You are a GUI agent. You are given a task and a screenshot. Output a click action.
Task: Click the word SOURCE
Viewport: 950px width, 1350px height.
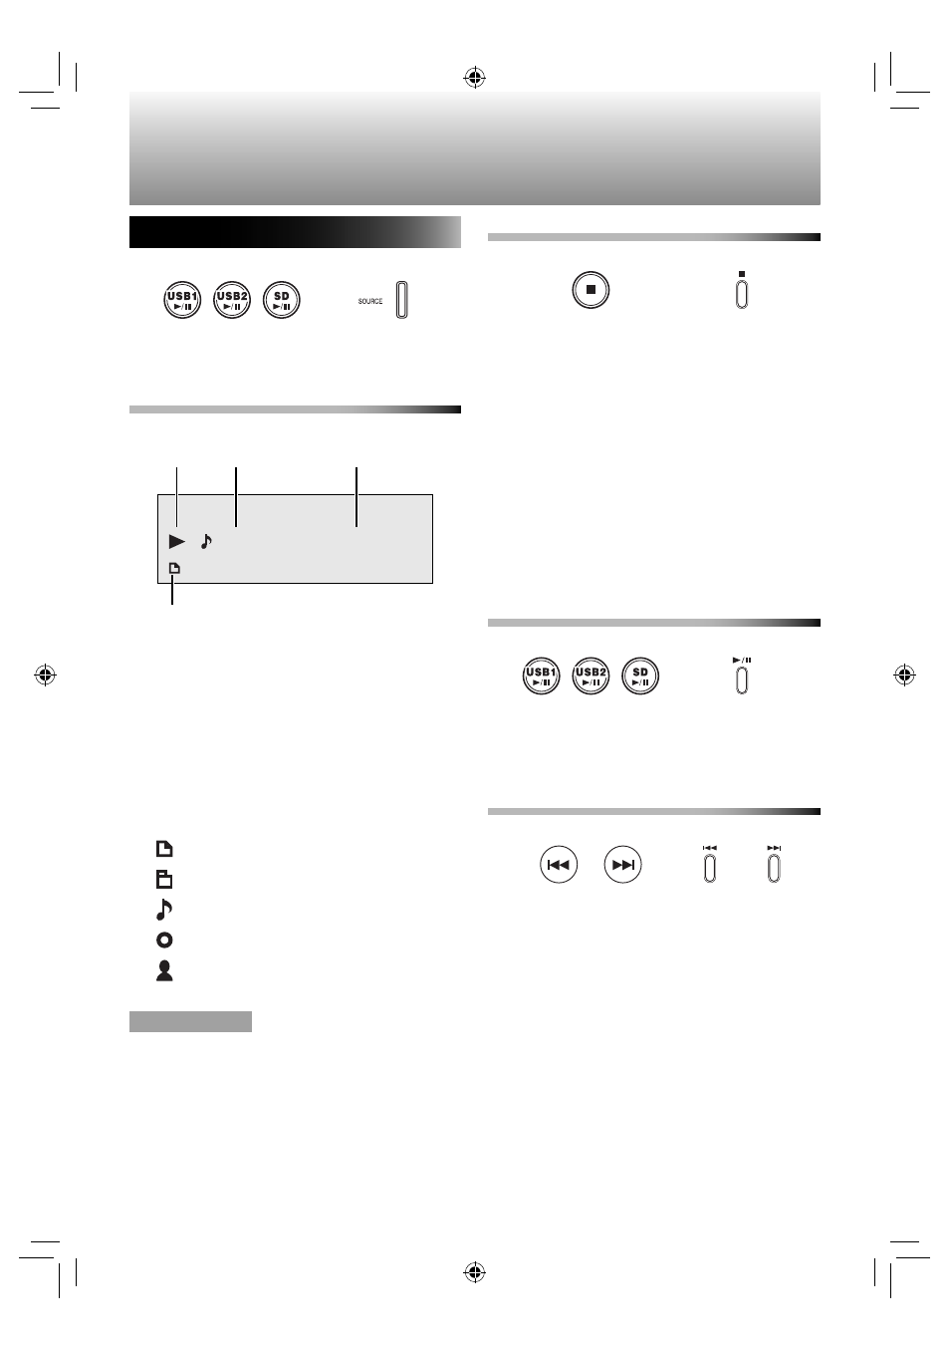[x=369, y=301]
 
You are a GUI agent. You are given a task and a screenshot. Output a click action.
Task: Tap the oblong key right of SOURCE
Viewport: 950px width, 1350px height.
[x=401, y=300]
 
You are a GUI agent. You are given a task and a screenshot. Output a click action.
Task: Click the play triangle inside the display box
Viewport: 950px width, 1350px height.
[x=176, y=541]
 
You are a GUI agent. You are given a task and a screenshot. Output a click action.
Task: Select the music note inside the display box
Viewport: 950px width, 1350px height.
[x=206, y=541]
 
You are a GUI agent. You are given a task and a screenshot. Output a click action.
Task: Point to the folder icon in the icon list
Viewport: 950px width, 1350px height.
[x=164, y=880]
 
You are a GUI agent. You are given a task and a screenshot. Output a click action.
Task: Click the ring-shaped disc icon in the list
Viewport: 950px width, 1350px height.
[x=164, y=940]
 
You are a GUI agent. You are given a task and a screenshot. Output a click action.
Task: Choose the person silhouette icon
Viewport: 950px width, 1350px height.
[x=164, y=971]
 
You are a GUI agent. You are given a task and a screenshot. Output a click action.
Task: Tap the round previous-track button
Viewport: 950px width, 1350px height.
[x=559, y=865]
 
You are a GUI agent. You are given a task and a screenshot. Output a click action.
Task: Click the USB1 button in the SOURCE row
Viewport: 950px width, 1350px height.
[x=182, y=300]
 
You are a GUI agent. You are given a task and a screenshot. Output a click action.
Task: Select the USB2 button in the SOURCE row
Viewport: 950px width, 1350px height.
[x=232, y=300]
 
